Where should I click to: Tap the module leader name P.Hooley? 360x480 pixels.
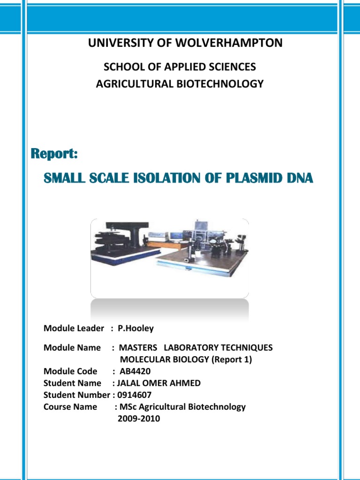[x=135, y=329]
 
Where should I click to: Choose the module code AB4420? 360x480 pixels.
[x=135, y=371]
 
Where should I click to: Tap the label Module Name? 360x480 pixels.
[x=72, y=348]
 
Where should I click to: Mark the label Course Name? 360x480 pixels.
[x=70, y=407]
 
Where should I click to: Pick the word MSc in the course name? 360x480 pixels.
[x=127, y=407]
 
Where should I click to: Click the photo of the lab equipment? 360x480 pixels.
[x=169, y=258]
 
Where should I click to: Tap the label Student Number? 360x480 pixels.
[x=76, y=395]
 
